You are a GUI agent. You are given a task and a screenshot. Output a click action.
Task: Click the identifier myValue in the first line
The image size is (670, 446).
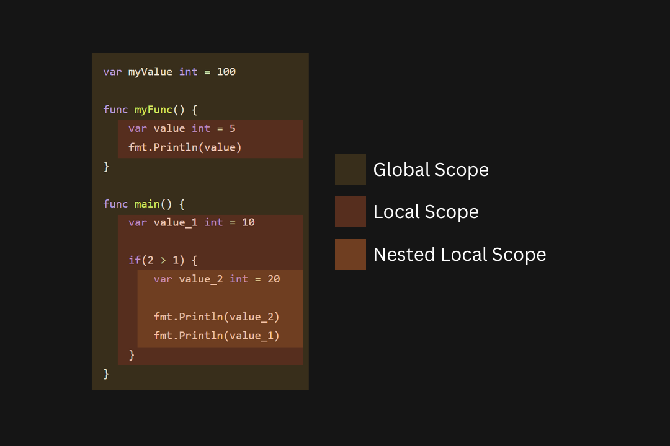[x=150, y=72]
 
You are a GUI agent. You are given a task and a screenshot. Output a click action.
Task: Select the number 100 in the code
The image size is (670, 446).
[x=226, y=72]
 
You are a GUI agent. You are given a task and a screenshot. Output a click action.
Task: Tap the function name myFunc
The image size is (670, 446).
[x=153, y=110]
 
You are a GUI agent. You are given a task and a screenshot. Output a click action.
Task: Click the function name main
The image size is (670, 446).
[x=147, y=204]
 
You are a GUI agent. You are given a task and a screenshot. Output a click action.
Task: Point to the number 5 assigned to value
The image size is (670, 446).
[x=233, y=128]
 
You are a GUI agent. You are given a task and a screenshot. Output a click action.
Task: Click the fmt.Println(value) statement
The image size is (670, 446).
[x=185, y=147]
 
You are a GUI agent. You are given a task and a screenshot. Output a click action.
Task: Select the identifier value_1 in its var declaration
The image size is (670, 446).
[x=176, y=222]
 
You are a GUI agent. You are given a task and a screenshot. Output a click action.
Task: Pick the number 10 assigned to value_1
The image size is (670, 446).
[x=248, y=222]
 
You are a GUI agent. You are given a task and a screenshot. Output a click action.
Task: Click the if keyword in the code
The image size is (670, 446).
[x=135, y=260]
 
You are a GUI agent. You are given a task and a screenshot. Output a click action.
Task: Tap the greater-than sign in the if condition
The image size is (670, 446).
[x=163, y=260]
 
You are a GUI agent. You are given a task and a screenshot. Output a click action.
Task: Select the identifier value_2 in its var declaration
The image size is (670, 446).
[x=201, y=279]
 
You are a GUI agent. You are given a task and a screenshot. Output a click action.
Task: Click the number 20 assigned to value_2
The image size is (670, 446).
[x=274, y=279]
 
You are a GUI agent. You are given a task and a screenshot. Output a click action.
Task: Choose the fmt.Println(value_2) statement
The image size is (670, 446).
[x=217, y=317]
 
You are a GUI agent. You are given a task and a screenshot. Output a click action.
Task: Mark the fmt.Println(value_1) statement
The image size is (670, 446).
[x=217, y=336]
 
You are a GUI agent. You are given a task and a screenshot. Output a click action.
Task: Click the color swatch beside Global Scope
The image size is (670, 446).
[x=351, y=170]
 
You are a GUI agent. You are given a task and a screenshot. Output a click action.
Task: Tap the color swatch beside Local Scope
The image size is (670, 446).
[x=351, y=212]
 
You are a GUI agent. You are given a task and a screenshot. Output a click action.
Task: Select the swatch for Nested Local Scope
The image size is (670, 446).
[x=351, y=255]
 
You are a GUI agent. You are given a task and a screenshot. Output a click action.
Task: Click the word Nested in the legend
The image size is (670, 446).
[x=404, y=255]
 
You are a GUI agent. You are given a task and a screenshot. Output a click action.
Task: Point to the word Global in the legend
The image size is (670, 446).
[x=401, y=170]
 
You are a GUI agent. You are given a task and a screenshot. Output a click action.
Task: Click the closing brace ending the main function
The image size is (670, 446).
[x=107, y=374]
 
